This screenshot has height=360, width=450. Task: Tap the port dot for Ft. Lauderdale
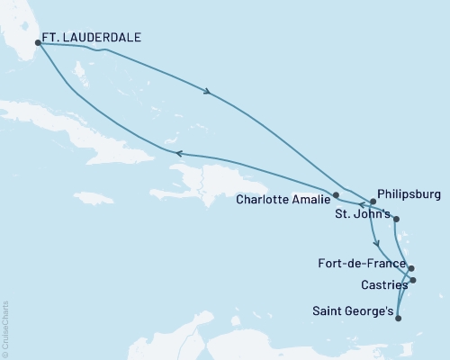(38, 41)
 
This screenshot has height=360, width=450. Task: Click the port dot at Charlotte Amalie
(336, 194)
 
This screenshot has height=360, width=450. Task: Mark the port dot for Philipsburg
(372, 201)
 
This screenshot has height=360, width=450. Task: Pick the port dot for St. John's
(397, 219)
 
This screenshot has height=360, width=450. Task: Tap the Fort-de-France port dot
(411, 268)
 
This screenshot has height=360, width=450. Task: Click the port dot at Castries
(414, 281)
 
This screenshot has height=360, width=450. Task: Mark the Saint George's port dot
(398, 315)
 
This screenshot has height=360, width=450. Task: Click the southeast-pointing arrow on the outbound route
(209, 91)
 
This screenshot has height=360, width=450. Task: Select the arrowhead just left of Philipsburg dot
(361, 204)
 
